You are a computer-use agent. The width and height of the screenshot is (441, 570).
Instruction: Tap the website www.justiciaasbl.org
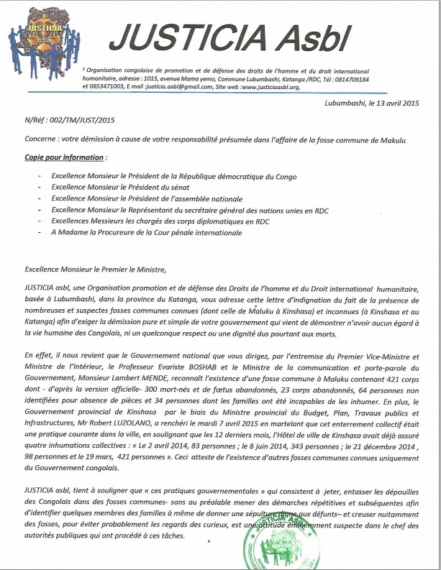[x=271, y=86]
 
